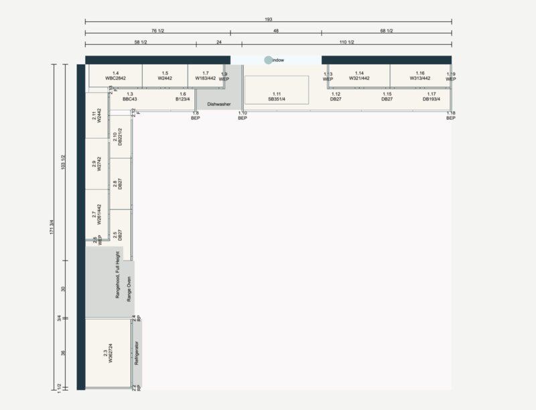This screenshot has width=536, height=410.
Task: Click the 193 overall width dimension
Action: click(268, 19)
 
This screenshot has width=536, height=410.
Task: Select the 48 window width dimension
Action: click(275, 30)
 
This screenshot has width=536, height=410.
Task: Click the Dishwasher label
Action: click(219, 104)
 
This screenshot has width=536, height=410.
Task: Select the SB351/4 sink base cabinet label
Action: click(277, 98)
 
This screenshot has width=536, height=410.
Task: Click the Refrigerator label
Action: click(136, 352)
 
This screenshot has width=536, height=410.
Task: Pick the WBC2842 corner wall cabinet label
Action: click(115, 78)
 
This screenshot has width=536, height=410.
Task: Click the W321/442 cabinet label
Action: click(359, 78)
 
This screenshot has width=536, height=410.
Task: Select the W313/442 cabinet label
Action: click(420, 78)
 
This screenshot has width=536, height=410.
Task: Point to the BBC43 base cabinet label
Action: click(129, 99)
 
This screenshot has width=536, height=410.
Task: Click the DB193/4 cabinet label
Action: click(431, 99)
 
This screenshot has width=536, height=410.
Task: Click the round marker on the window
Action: click(269, 60)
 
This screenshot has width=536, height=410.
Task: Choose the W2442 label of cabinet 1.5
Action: click(165, 78)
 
